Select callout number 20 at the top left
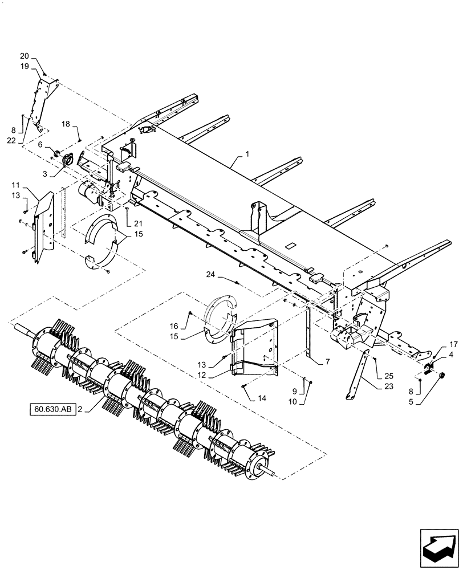pos(24,56)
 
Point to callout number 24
pos(212,274)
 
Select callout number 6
pos(40,145)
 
